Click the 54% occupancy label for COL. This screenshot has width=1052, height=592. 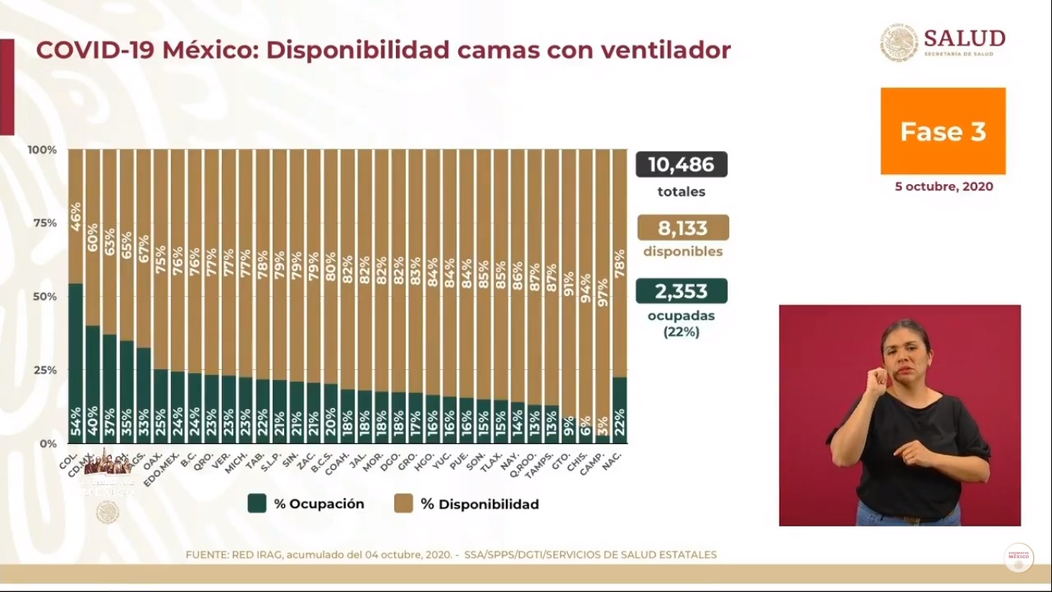pyautogui.click(x=75, y=426)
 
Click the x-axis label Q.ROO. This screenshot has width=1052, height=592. pyautogui.click(x=530, y=462)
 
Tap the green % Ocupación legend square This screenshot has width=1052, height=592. pyautogui.click(x=256, y=504)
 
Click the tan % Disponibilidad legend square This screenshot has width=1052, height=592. pyautogui.click(x=404, y=504)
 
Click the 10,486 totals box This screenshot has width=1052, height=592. pyautogui.click(x=681, y=164)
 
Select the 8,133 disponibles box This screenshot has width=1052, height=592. pyautogui.click(x=682, y=227)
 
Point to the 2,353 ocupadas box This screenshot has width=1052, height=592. pyautogui.click(x=681, y=291)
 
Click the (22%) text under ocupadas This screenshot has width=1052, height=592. pyautogui.click(x=681, y=333)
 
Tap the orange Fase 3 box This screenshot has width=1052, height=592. pyautogui.click(x=943, y=131)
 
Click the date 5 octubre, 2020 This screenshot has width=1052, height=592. pyautogui.click(x=943, y=187)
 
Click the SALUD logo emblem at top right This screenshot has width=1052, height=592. pyautogui.click(x=899, y=43)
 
